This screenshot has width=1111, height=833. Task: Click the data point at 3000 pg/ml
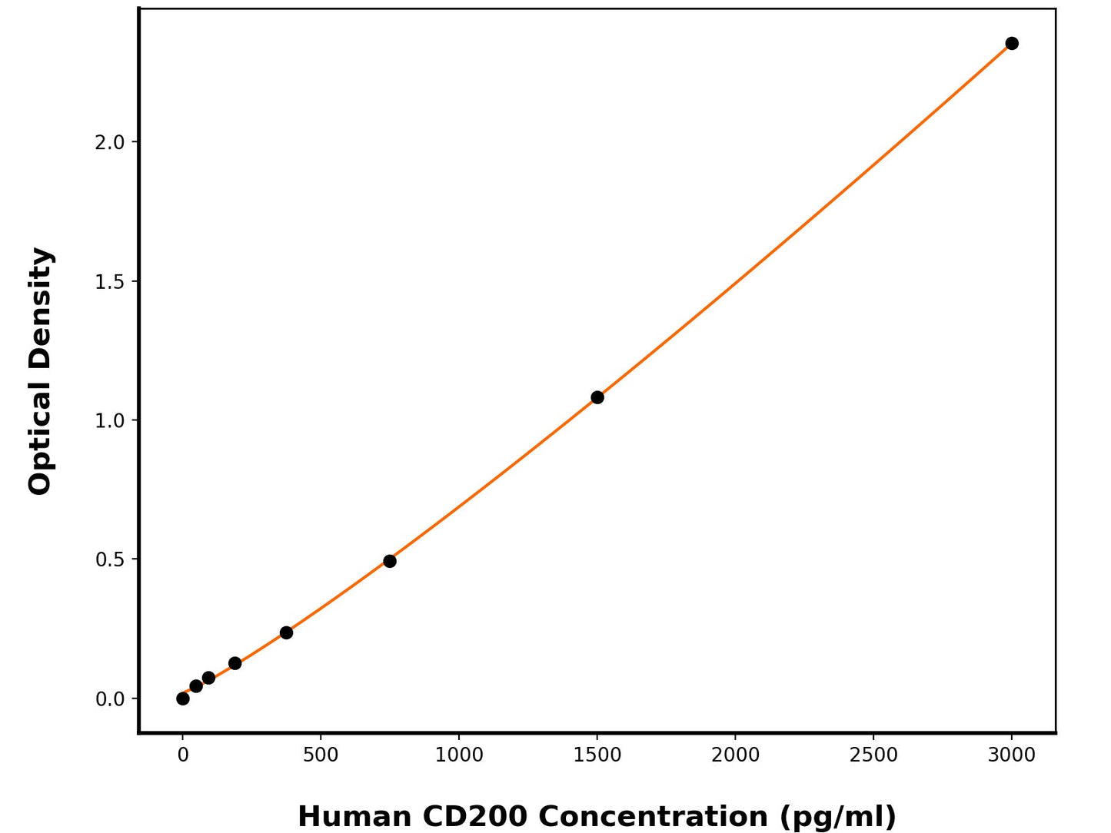pos(1012,44)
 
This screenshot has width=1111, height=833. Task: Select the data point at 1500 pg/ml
pos(597,397)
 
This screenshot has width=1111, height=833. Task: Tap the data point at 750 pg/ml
pos(390,561)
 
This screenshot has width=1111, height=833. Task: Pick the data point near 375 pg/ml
pos(286,632)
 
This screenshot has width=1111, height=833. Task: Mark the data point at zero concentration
pos(183,699)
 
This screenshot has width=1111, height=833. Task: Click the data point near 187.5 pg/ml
pos(235,663)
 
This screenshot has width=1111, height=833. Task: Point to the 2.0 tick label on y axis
pos(109,142)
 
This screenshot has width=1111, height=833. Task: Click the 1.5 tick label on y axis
pos(109,282)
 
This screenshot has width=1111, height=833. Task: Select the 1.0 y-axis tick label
pos(109,420)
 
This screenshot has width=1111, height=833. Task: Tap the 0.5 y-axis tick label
pos(109,559)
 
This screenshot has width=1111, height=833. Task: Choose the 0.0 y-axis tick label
pos(109,699)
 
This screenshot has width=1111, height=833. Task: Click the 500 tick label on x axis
pos(321,755)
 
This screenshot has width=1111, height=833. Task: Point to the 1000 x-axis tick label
pos(459,755)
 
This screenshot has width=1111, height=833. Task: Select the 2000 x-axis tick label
pos(735,755)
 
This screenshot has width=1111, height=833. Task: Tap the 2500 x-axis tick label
pos(873,755)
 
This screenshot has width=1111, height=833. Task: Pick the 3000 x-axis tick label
pos(1012,755)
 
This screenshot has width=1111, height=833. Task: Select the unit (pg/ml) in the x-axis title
pos(837,816)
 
